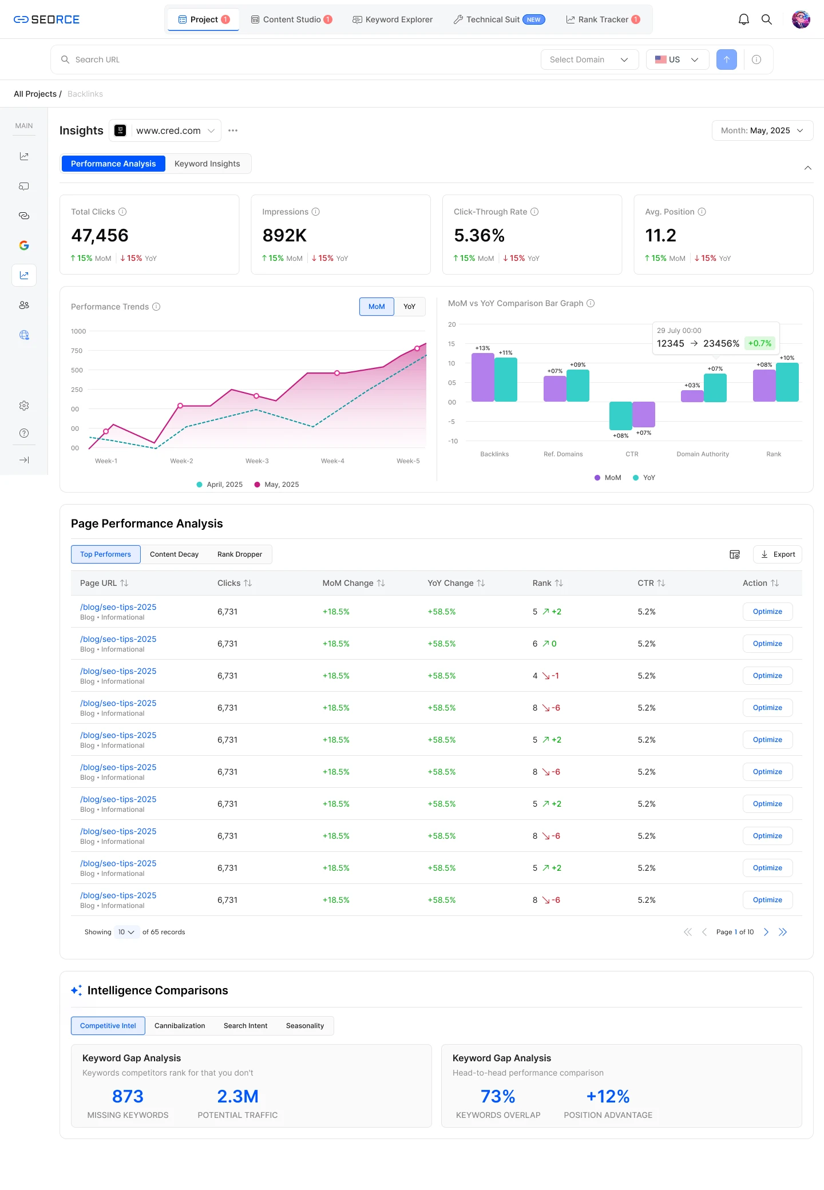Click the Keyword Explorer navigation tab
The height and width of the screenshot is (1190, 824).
point(393,19)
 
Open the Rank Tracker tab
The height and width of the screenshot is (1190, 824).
point(603,19)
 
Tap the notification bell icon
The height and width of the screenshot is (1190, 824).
point(743,19)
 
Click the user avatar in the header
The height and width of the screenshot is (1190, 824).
point(801,19)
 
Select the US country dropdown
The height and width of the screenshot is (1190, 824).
point(677,59)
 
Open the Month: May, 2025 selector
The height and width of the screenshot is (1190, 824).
point(762,130)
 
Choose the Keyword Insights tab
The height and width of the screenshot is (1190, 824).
point(207,164)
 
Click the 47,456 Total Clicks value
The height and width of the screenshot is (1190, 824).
point(100,235)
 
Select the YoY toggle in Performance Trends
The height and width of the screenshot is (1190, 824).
point(409,307)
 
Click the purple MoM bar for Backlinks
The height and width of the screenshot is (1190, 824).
point(482,377)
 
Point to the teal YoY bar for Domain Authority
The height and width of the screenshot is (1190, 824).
point(715,388)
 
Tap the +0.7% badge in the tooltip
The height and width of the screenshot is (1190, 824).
point(760,343)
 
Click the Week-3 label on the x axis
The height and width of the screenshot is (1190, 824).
point(257,461)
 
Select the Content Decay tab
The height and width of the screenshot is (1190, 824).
point(174,554)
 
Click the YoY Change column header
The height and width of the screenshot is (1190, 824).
point(450,583)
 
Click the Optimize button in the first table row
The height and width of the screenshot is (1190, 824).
point(767,612)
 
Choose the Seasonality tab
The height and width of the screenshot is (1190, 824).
point(305,1026)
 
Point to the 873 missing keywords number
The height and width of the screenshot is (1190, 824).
point(128,1096)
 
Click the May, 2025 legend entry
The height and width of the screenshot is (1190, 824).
point(276,485)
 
